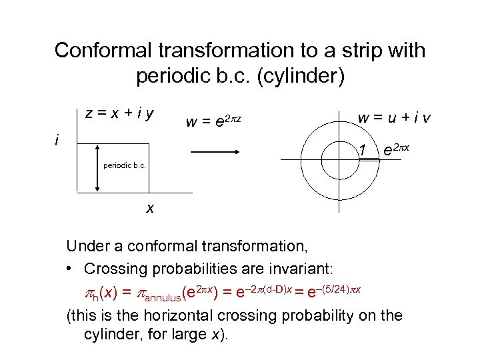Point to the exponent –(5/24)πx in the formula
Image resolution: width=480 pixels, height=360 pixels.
point(335,286)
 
